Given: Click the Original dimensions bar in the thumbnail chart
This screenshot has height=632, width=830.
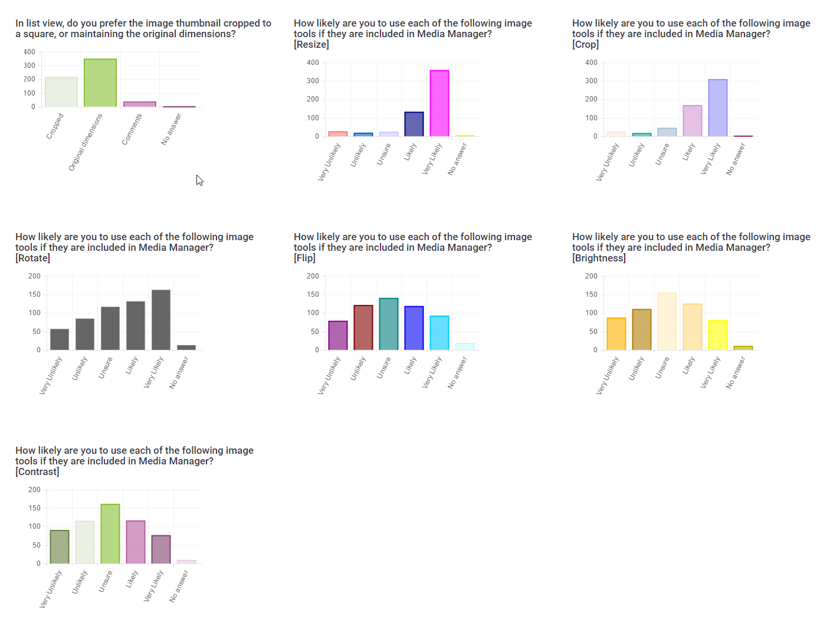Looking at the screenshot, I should point(100,83).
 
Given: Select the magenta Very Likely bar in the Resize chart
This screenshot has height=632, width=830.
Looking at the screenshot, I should point(439,103).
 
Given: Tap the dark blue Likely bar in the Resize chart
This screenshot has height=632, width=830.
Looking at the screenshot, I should point(414,124).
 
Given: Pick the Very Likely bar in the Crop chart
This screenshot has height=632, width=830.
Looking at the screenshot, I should point(718,108).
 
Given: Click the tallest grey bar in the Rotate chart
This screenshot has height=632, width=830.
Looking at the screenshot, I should point(161,320).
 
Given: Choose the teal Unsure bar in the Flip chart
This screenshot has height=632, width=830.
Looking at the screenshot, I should point(389,324).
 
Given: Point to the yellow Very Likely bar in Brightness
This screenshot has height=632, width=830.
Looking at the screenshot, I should point(718,335).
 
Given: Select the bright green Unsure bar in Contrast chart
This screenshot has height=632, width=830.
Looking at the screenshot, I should point(110,533).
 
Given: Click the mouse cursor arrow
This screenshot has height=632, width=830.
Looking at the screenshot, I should point(199,180).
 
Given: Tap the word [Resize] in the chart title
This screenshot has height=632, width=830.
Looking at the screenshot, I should point(311,45).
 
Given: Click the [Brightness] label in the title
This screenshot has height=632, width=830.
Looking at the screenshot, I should point(599,258).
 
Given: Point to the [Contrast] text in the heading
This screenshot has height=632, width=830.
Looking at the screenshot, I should point(37,472).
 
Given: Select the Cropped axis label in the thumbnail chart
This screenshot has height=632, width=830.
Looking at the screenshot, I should point(55,126).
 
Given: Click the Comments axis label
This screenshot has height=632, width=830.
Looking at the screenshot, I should point(132,129).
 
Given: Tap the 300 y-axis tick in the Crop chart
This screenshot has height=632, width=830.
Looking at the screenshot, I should point(591,81).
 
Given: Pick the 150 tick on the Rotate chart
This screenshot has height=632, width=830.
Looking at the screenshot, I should point(35,294).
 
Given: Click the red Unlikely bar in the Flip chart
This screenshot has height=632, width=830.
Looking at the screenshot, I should point(363,328).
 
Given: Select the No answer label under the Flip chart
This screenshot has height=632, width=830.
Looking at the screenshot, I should point(457,372).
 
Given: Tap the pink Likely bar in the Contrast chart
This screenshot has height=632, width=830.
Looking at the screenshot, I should point(136,542).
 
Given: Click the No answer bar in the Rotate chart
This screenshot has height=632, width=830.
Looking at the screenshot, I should point(186,348).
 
